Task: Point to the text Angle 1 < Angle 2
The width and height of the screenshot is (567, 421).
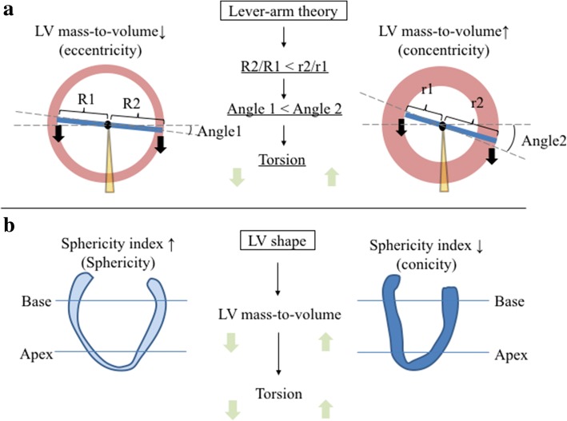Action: (x=284, y=108)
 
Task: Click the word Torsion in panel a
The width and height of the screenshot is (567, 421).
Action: (x=284, y=159)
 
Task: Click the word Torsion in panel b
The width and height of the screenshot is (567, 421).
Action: (x=284, y=394)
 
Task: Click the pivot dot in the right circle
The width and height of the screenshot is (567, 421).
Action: (x=442, y=125)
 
